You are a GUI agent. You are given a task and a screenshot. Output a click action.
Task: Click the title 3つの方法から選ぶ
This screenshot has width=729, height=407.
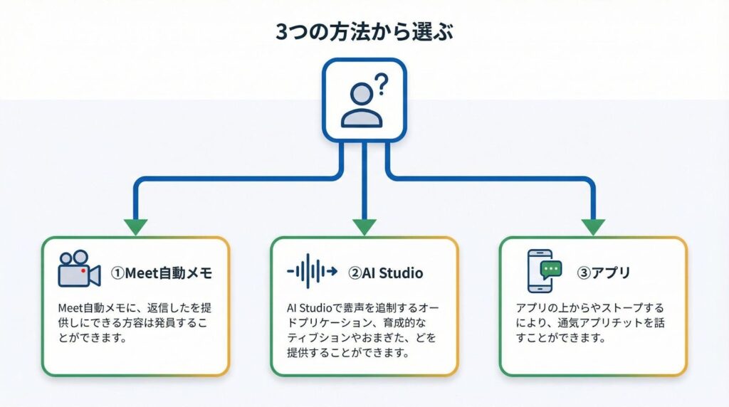click(x=364, y=31)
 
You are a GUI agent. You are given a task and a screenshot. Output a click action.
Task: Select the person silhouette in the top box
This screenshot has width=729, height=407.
click(x=362, y=107)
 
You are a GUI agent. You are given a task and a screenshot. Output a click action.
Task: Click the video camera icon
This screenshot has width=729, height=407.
click(x=78, y=268)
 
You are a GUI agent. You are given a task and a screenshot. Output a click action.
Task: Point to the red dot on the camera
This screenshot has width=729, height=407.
click(x=84, y=271)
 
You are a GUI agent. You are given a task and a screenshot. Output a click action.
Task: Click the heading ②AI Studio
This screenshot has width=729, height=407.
click(x=385, y=273)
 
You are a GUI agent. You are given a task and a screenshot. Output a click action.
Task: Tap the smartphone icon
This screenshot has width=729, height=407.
click(x=539, y=271)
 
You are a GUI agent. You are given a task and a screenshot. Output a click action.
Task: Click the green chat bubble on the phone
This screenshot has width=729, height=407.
click(x=550, y=268)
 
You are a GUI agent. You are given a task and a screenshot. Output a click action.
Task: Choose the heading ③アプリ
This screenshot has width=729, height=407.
click(x=605, y=273)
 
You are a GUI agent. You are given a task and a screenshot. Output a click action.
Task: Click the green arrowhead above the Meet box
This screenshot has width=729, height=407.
click(x=135, y=227)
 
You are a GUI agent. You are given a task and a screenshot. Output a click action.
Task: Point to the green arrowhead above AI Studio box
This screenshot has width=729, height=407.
click(x=364, y=227)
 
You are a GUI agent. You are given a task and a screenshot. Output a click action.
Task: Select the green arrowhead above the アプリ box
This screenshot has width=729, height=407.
click(x=593, y=227)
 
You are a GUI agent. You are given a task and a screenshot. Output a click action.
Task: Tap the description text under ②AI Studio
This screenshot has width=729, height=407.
click(x=363, y=331)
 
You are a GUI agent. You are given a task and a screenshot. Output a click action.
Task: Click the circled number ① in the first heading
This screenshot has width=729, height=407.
click(x=117, y=273)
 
